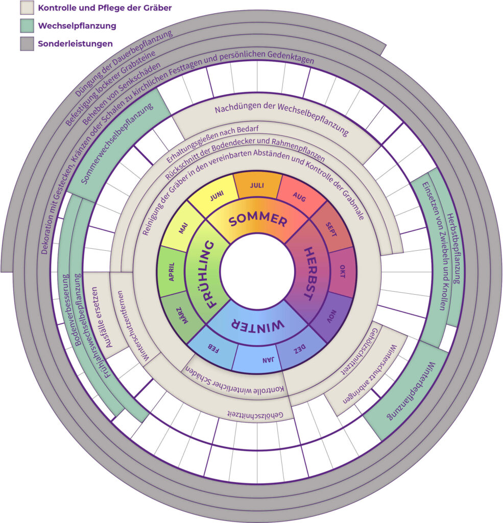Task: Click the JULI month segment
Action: coord(257,185)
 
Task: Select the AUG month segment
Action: coord(299,198)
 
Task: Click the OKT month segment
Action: coord(341,271)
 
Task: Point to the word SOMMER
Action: coord(258,220)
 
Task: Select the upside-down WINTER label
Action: coord(254,325)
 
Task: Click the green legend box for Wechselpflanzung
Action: coord(27,25)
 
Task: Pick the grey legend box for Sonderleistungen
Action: coord(27,43)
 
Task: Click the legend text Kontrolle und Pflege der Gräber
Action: coord(105,8)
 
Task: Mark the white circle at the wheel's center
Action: coord(257,271)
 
